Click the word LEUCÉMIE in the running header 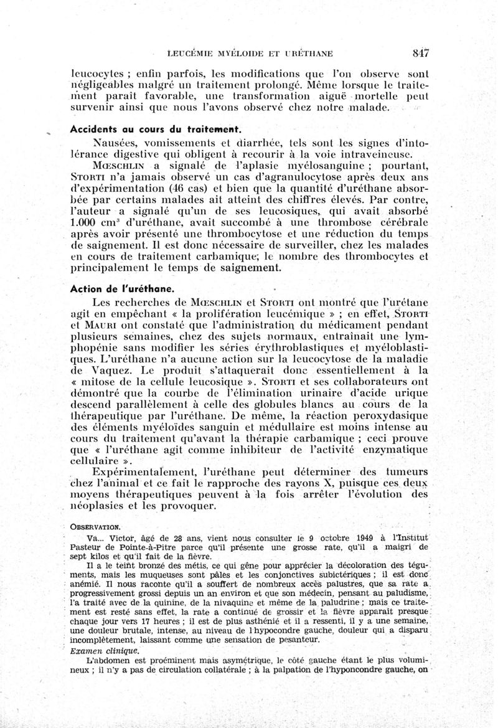[194, 53]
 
